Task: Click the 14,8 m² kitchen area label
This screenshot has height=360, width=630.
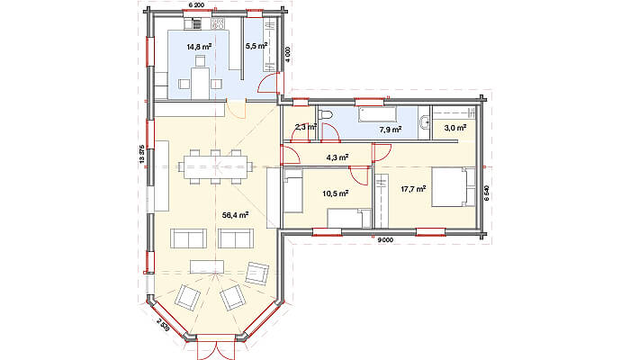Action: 199,47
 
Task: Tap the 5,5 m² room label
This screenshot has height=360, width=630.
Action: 256,46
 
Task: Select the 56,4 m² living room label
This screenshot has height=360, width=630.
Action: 235,215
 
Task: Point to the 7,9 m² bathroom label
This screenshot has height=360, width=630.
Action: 391,130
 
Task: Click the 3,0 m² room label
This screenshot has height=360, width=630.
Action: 454,128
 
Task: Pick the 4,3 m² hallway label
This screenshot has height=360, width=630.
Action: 337,157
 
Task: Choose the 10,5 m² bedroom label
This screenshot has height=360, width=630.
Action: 335,193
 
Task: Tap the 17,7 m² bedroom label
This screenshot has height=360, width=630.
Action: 413,188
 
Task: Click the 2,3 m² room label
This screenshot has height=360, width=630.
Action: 306,128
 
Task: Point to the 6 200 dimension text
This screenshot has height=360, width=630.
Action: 196,4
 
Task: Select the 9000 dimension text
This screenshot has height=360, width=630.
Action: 386,240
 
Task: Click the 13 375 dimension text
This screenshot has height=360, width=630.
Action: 141,154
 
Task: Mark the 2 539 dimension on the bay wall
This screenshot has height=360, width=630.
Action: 163,324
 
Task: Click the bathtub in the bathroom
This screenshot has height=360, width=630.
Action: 378,114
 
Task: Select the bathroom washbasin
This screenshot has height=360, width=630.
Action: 425,120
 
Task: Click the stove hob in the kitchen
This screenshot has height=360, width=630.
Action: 218,23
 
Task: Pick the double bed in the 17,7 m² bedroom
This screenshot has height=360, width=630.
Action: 454,187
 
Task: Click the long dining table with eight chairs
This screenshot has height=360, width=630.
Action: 216,166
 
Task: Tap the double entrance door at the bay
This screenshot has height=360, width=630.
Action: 216,347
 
